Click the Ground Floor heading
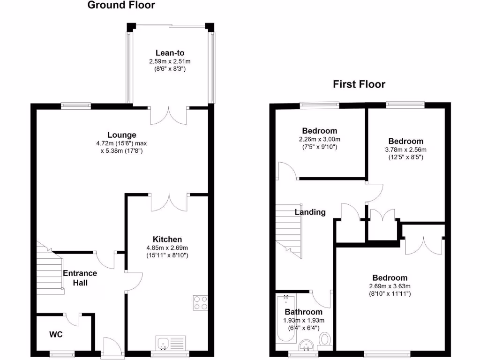pos(121,6)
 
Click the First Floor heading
pos(359,84)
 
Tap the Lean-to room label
pos(169,53)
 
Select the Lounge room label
pos(121,135)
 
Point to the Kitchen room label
pos(167,239)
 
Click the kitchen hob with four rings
pos(200,302)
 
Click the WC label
pos(56,335)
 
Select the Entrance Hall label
pos(80,278)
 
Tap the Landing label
pos(310,212)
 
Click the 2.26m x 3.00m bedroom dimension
pos(319,139)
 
